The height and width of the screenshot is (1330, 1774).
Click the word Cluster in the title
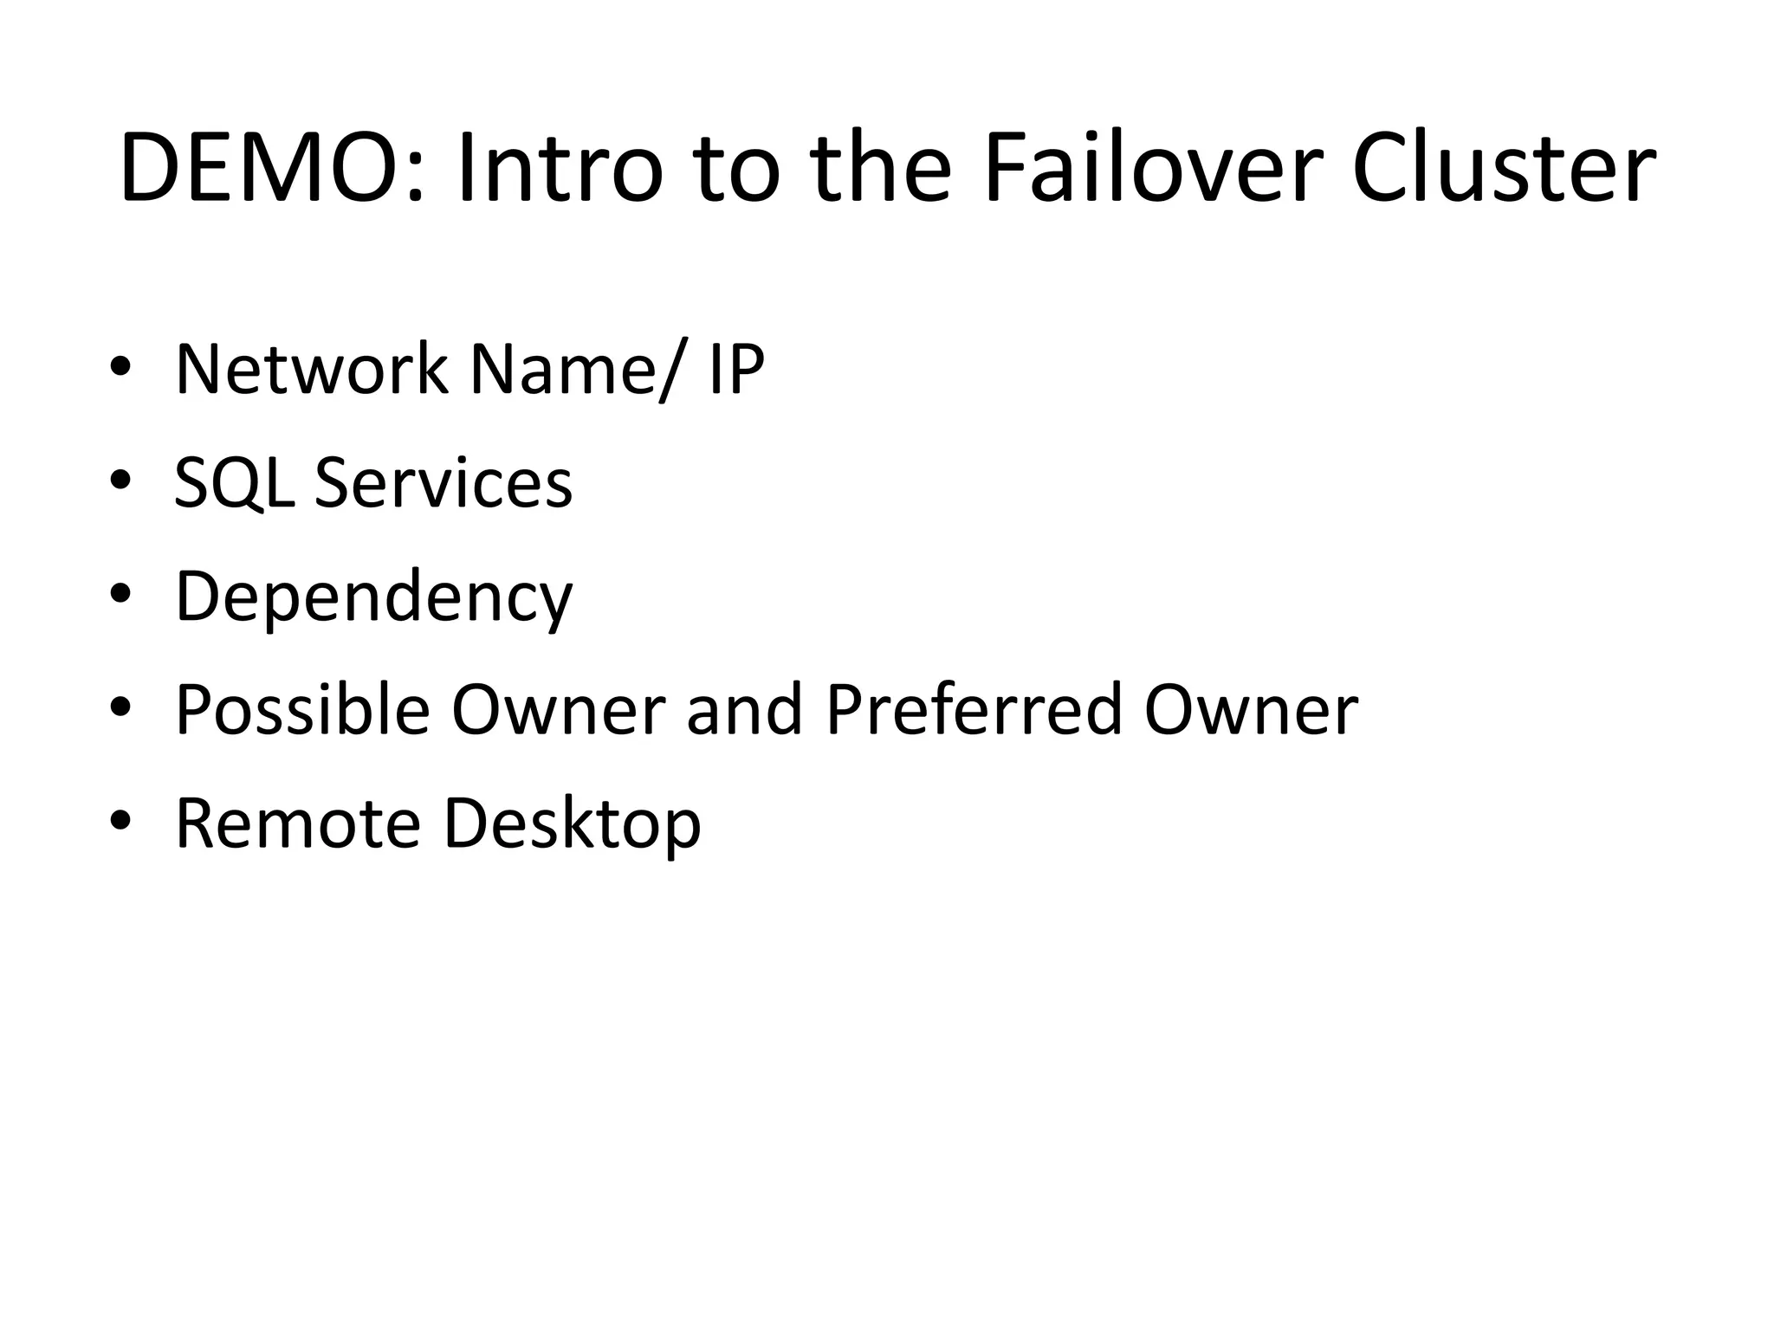point(1504,169)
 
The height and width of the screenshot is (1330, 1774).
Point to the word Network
point(312,370)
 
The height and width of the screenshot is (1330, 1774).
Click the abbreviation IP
point(736,370)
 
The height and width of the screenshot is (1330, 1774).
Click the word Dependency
point(374,597)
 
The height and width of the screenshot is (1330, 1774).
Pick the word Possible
point(303,711)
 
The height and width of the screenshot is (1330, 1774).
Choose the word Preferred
point(974,711)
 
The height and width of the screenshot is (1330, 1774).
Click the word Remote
point(298,824)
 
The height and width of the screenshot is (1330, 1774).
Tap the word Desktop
point(572,824)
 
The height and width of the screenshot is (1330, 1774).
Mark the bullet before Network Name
point(120,367)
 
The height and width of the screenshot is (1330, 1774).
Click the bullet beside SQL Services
point(120,481)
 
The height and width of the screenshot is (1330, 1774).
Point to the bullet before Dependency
point(120,594)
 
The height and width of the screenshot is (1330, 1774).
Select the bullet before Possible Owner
point(120,707)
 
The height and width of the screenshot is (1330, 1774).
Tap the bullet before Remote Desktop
point(120,821)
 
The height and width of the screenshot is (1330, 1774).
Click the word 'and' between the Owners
point(744,711)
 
